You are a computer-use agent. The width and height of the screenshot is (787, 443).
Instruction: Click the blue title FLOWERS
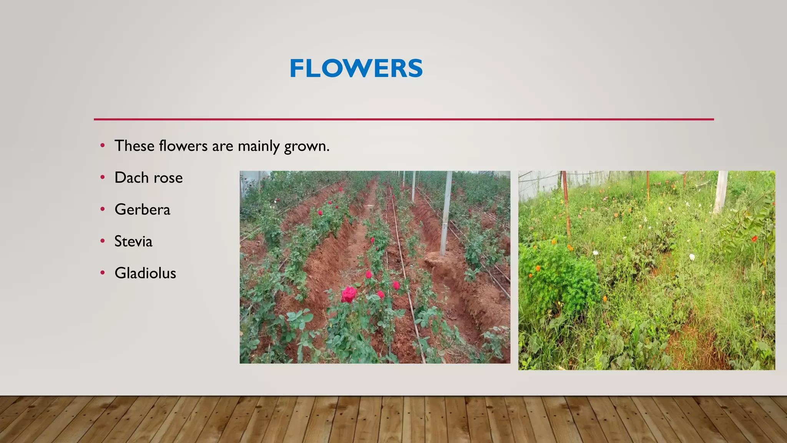tap(356, 68)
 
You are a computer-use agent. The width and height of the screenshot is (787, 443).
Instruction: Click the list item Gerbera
tap(142, 210)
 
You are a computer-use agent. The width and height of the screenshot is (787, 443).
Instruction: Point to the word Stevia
tap(133, 241)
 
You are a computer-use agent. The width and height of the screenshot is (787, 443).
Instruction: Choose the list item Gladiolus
tap(145, 273)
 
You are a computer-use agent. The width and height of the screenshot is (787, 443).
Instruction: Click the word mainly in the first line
tap(259, 147)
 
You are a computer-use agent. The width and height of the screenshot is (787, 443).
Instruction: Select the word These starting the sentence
tap(134, 146)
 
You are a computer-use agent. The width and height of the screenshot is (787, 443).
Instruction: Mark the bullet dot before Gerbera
tap(103, 209)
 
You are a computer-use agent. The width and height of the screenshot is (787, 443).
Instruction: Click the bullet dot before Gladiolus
tap(103, 273)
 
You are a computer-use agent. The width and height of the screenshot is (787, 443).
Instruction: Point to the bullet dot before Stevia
tap(103, 241)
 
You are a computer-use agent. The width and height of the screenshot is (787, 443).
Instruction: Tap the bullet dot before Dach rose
tap(103, 177)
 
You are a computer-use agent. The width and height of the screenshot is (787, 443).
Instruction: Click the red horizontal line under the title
tap(403, 119)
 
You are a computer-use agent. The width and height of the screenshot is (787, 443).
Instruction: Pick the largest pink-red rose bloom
tap(349, 294)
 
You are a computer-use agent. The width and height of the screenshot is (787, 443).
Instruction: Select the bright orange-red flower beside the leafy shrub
tap(754, 239)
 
